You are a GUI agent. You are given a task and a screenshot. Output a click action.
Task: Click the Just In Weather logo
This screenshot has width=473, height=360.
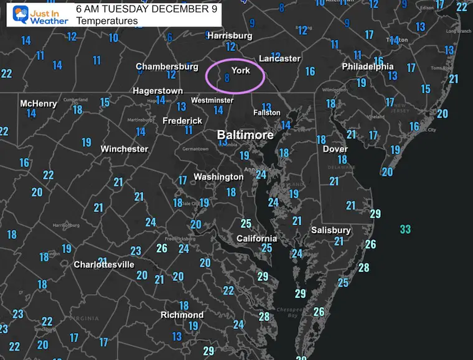tap(37, 14)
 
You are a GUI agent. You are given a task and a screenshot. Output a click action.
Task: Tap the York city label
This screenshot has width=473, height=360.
tap(241, 70)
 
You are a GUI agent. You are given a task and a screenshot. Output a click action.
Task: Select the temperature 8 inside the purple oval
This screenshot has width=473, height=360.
tap(227, 78)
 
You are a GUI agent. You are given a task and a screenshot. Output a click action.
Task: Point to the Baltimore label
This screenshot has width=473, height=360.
tap(245, 135)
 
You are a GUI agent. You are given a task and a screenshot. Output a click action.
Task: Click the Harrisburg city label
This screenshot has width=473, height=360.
tap(229, 35)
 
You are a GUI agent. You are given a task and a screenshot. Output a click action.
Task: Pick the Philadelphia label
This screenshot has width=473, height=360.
tap(367, 67)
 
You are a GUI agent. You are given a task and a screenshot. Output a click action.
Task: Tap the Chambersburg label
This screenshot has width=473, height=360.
tap(162, 67)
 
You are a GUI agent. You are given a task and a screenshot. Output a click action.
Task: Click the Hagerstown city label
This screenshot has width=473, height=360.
tap(157, 91)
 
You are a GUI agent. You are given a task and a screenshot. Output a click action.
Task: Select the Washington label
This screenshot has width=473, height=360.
tap(218, 177)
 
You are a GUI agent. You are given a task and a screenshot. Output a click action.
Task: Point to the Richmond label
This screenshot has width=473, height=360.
tap(182, 315)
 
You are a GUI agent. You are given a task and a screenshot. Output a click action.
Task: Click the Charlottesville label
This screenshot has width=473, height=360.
tap(104, 264)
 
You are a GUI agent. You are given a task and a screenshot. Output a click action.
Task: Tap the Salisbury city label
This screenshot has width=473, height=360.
tap(331, 230)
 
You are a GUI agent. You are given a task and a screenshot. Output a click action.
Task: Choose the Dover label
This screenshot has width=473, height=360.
tap(335, 149)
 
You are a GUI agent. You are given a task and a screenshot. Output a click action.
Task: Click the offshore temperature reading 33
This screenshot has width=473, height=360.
tap(405, 229)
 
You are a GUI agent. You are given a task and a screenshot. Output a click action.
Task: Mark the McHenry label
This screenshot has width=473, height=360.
tap(38, 103)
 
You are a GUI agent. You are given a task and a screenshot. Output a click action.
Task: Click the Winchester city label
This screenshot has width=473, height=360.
tap(124, 149)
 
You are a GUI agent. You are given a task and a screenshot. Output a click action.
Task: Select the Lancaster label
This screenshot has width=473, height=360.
tap(279, 58)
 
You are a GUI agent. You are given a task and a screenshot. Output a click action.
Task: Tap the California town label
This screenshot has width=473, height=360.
tap(256, 238)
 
